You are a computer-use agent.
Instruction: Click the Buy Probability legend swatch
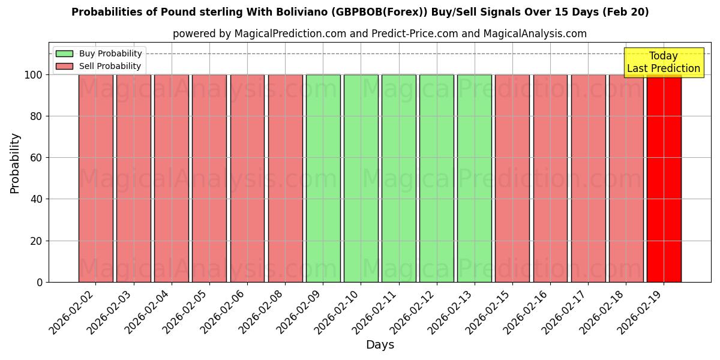pyautogui.click(x=64, y=53)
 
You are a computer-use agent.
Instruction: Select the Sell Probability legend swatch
pyautogui.click(x=64, y=66)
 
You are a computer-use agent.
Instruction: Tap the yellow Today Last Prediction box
pyautogui.click(x=663, y=62)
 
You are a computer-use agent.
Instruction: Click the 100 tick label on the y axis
pyautogui.click(x=32, y=75)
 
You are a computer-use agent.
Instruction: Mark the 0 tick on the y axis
pyautogui.click(x=40, y=282)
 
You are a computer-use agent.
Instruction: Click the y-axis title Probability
pyautogui.click(x=15, y=163)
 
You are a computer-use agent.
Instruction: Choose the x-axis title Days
pyautogui.click(x=380, y=345)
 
